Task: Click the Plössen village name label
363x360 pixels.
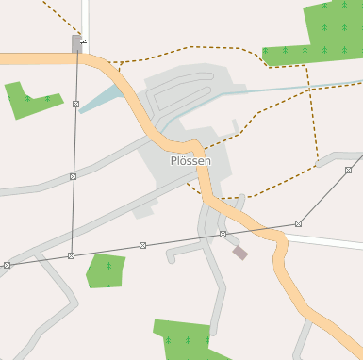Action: [x=190, y=161]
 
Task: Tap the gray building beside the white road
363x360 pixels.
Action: [x=76, y=43]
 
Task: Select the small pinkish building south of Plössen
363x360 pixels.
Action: [x=240, y=253]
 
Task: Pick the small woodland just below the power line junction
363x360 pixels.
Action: [x=106, y=270]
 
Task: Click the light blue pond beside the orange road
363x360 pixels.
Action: [x=102, y=98]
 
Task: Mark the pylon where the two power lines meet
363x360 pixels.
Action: [x=72, y=255]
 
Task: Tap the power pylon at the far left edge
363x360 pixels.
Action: [x=7, y=266]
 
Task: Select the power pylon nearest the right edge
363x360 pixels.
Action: [x=348, y=171]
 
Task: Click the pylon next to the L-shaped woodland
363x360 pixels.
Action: [x=75, y=104]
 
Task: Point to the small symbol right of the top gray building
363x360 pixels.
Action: [x=85, y=42]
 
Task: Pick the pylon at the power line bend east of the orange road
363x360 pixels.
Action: [x=299, y=223]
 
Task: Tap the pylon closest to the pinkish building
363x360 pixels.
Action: [x=223, y=234]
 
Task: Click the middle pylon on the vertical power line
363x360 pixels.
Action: [x=73, y=176]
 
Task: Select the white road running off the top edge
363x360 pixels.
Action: [x=86, y=14]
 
